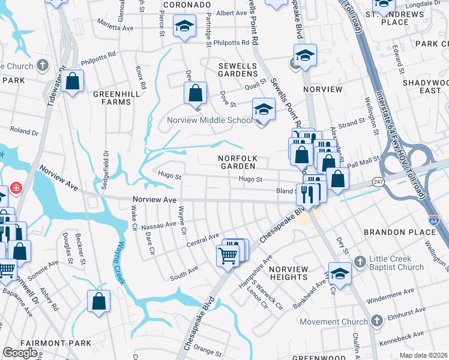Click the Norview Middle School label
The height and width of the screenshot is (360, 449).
pyautogui.click(x=209, y=120)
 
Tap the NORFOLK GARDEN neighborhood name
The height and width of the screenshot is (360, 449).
pyautogui.click(x=238, y=162)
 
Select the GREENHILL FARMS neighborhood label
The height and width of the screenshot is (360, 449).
pyautogui.click(x=112, y=98)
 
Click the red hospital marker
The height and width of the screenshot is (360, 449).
pyautogui.click(x=14, y=188)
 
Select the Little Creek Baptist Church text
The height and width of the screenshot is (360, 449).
pyautogui.click(x=397, y=263)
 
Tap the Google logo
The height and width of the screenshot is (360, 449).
pyautogui.click(x=20, y=353)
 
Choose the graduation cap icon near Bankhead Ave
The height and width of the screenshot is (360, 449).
pyautogui.click(x=340, y=274)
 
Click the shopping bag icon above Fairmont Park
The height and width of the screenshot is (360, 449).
pyautogui.click(x=98, y=301)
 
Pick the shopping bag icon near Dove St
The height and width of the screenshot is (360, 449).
pyautogui.click(x=195, y=94)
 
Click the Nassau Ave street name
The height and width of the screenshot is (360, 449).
pyautogui.click(x=158, y=224)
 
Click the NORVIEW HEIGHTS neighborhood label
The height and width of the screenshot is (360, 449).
pyautogui.click(x=288, y=273)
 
